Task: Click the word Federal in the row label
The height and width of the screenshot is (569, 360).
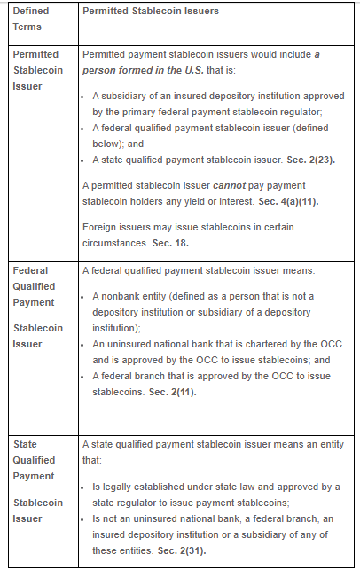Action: point(30,270)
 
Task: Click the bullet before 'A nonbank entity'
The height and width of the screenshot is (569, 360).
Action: point(86,296)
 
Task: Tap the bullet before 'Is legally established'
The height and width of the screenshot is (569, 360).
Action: point(86,487)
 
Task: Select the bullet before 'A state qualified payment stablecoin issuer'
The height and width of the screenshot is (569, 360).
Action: point(86,160)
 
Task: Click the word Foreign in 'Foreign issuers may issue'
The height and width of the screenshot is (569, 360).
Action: point(98,227)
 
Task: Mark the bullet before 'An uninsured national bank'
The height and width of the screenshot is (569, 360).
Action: point(86,342)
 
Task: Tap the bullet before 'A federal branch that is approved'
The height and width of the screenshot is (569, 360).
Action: point(86,376)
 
